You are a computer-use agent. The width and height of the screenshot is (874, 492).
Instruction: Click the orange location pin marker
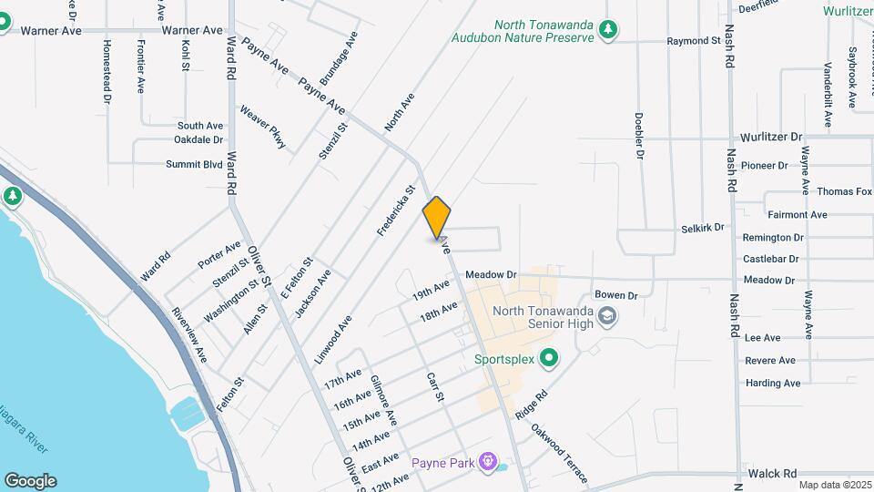coord(437,217)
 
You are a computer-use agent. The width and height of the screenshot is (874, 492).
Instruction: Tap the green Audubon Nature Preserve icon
coord(608,30)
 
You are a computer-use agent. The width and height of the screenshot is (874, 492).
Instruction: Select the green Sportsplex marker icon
coord(548,359)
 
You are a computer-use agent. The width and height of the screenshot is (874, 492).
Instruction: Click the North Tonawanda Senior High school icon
coord(608,318)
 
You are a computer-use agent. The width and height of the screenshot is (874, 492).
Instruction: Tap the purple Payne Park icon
coord(489,463)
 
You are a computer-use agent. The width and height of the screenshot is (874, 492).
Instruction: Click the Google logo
coord(30,480)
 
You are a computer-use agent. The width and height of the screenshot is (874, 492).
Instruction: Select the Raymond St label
coord(694,41)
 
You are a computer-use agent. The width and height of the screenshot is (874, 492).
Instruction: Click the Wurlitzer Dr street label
coord(770,137)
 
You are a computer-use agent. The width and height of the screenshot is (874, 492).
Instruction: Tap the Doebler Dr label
coord(639,137)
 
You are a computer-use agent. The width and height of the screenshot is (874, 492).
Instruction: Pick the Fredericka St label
coord(397,210)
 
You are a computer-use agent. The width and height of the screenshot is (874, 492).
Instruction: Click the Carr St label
coord(435,387)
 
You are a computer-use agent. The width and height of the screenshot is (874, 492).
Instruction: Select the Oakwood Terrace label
coord(559,455)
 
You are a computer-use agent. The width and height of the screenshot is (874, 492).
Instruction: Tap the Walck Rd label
coord(772,474)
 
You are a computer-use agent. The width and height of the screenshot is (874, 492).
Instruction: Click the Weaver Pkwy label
coord(264,128)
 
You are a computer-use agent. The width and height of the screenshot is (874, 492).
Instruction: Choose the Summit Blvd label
coord(194,164)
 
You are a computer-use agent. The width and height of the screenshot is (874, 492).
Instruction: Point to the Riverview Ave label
coord(189,333)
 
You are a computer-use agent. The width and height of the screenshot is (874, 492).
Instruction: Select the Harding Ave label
coord(773,384)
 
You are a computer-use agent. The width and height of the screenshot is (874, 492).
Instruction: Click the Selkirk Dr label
coord(702,227)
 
